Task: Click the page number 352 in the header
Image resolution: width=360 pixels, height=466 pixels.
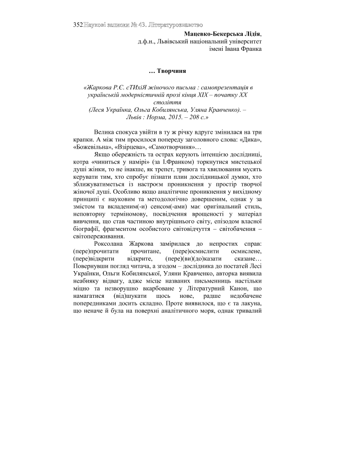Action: coord(78,25)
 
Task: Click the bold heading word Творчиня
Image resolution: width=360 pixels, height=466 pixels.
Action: coord(172,70)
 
